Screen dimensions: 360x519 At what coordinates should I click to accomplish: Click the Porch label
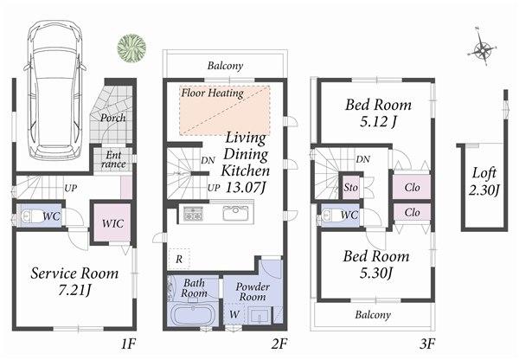pos(113,118)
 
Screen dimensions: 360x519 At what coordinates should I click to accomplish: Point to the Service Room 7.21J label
pos(74,280)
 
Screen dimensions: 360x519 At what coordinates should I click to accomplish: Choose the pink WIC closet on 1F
pos(112,223)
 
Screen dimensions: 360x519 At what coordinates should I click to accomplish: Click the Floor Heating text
pos(212,93)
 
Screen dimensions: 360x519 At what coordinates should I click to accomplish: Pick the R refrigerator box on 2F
pos(177,259)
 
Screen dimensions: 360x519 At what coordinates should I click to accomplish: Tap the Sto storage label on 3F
pos(351,187)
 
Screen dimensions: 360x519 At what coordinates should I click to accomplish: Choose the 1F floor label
pos(128,344)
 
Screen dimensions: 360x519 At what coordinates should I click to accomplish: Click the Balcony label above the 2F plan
pos(225,66)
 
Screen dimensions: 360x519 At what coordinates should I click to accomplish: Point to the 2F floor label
pos(278,344)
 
